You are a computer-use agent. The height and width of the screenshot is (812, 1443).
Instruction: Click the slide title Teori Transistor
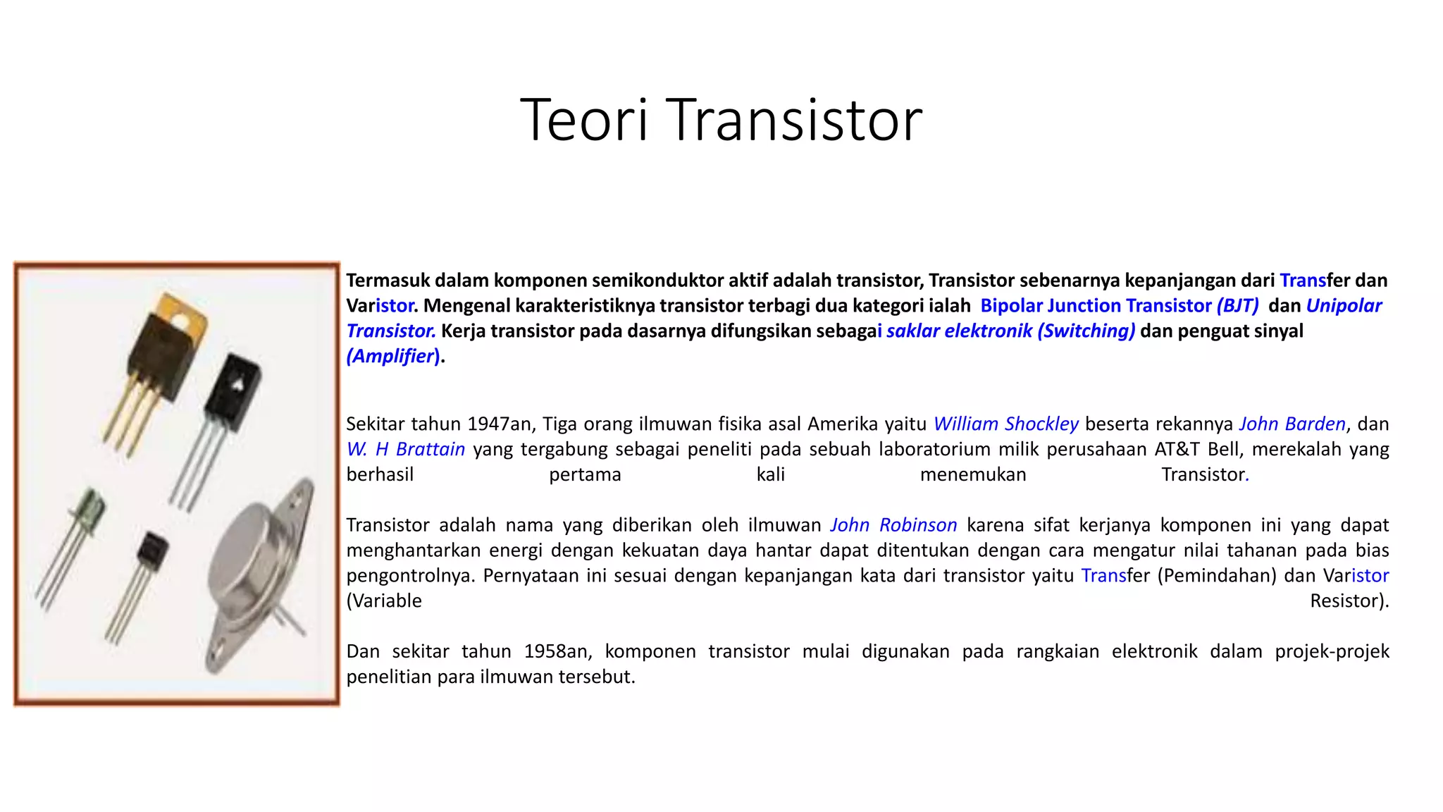(721, 120)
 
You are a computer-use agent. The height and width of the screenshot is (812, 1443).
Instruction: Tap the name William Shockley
(1005, 424)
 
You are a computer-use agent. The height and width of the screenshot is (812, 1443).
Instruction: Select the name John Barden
(1292, 424)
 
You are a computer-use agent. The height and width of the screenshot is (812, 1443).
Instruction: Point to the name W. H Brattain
(405, 449)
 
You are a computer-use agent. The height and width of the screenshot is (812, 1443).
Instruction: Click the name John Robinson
(893, 525)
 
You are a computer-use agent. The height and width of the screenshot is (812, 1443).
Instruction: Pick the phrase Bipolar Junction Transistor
(1096, 306)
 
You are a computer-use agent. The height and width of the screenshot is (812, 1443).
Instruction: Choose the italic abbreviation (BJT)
(1237, 306)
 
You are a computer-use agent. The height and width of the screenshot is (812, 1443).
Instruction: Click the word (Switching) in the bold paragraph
(1086, 331)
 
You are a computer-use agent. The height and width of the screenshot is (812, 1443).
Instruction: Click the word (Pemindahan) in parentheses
(1217, 576)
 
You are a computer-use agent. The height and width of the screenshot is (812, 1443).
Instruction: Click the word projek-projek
(1332, 651)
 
